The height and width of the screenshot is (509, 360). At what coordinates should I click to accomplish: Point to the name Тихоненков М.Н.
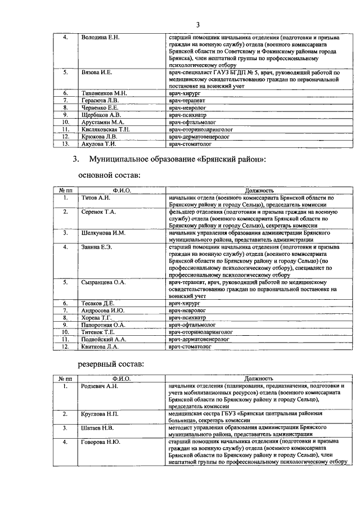(x=105, y=93)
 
